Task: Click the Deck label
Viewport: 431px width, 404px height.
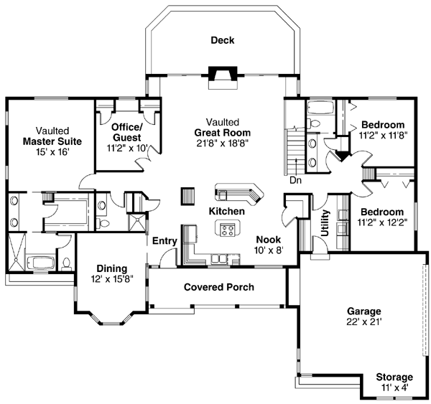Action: pos(223,40)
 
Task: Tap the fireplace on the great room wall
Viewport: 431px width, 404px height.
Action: pos(223,77)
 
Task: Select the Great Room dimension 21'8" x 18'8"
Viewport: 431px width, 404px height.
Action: pos(223,144)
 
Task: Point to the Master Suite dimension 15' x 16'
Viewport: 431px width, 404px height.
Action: pos(52,152)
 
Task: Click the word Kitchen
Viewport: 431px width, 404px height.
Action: pos(227,211)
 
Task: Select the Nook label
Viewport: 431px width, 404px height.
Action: pos(269,240)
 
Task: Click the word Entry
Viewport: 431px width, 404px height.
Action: pos(164,241)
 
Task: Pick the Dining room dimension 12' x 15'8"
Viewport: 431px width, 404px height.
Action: pos(112,279)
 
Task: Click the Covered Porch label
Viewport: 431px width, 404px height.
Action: pos(219,287)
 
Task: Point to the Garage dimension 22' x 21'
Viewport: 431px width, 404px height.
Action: pos(364,321)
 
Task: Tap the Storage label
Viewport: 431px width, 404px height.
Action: pos(394,377)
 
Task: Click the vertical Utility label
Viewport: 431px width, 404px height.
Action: pos(325,222)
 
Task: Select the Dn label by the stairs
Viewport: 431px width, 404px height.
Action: pos(296,180)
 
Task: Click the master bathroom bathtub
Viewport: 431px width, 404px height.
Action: pos(41,263)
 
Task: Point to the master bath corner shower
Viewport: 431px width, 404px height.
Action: pos(17,252)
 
